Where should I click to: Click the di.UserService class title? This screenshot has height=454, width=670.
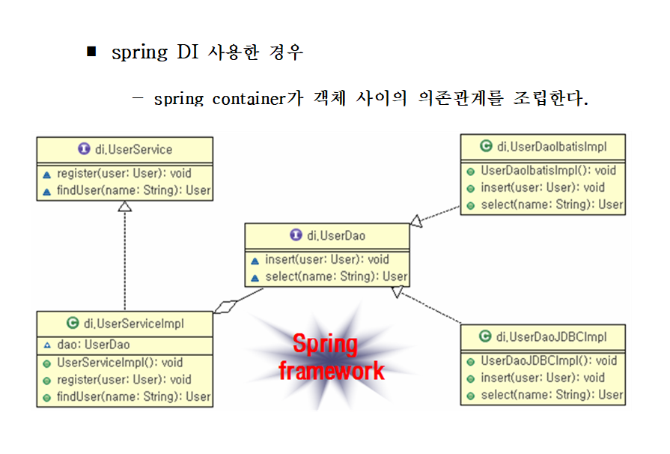pos(133,150)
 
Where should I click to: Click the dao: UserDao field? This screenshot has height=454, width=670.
pos(93,345)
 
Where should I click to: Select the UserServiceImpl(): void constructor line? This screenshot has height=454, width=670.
pos(120,363)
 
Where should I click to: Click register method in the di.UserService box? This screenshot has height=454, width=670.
pos(124,173)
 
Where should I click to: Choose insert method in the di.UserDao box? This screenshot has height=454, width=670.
pos(326,259)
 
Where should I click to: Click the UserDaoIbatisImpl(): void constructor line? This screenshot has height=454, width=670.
pos(548,170)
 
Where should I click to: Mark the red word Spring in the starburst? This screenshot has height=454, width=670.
pos(325,345)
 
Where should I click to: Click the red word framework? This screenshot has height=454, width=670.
pos(331,370)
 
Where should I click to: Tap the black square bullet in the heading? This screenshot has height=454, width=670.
pos(92,52)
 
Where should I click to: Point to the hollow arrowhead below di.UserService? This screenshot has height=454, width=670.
pos(125,206)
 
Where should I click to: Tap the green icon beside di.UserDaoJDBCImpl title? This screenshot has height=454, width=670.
pos(485,336)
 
